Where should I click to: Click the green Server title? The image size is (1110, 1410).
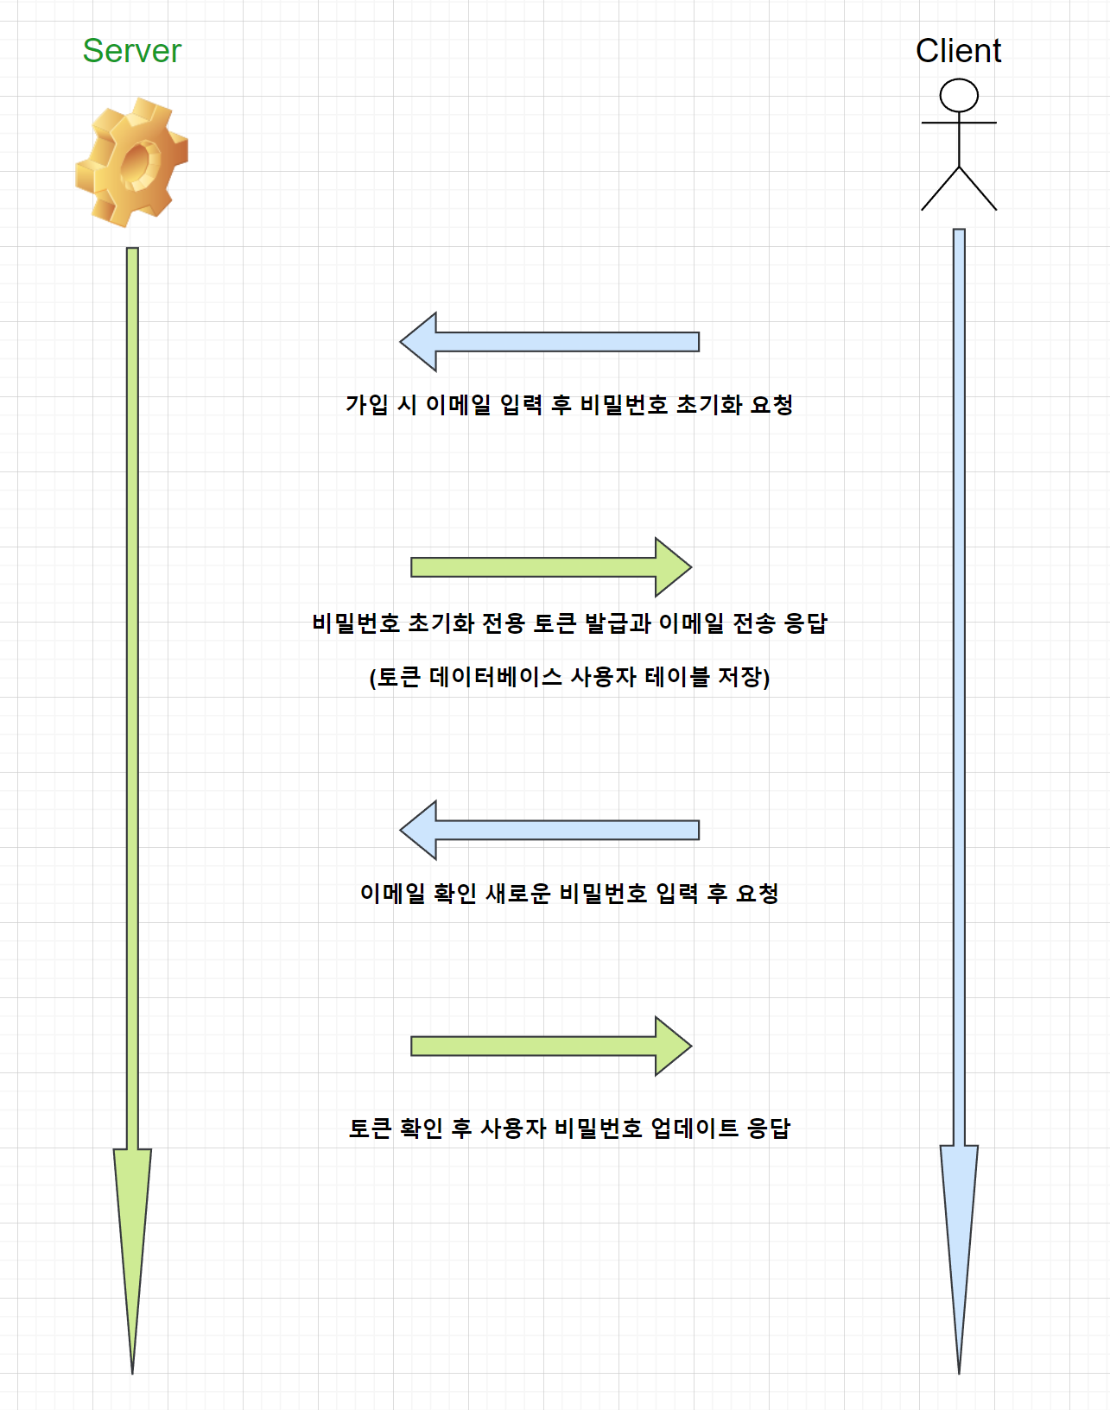pos(132,51)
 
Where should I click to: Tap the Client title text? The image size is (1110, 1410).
pos(958,51)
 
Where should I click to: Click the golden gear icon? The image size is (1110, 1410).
pos(132,162)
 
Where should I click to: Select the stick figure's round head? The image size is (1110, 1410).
pos(959,95)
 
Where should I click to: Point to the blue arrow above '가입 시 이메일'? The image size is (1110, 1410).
pos(549,342)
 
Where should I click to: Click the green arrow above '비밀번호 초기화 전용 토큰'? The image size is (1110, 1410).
pos(551,567)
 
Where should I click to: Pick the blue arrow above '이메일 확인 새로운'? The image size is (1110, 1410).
pos(549,830)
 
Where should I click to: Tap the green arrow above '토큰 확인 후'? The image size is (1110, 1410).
pos(551,1046)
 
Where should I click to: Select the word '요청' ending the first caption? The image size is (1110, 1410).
pos(771,404)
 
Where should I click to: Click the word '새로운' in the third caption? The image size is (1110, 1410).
pos(517,893)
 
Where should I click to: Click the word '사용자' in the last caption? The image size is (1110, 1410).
pos(513,1128)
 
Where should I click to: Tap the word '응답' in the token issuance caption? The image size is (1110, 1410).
pos(805,623)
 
